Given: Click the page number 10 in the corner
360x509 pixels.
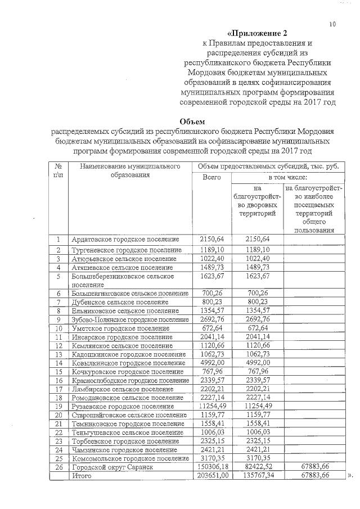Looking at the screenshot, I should (x=332, y=24).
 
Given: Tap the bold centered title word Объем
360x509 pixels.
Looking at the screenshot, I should (x=192, y=121).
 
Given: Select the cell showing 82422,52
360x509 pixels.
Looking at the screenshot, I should (x=258, y=467).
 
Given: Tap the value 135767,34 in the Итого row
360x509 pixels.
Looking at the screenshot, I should (x=258, y=476).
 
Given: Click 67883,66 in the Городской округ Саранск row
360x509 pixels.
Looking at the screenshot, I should (x=311, y=467).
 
